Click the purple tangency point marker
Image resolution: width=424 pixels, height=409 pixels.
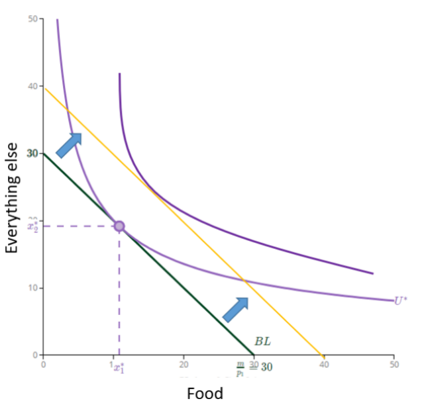coord(119,226)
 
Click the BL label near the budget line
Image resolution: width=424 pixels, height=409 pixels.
coord(263,341)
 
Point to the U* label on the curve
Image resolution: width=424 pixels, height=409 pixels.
coord(401,300)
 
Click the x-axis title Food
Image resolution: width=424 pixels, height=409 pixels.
coord(205,394)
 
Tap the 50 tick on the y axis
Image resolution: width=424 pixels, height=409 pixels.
coord(32,18)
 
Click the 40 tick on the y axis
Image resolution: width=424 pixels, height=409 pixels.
coord(32,86)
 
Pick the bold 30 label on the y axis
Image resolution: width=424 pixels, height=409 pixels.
coord(32,153)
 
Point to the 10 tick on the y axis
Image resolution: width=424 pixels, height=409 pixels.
coord(32,288)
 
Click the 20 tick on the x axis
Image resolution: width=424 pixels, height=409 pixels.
coord(184,364)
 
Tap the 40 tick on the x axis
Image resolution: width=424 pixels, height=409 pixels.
coord(323,364)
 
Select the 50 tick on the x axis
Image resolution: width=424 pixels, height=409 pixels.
coord(394,364)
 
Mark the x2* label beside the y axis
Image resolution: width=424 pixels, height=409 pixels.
coord(32,226)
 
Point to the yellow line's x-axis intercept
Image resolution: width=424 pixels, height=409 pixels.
coord(323,355)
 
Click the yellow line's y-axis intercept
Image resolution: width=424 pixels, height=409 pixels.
coord(44,87)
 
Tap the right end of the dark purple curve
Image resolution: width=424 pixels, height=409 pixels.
coord(372,273)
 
